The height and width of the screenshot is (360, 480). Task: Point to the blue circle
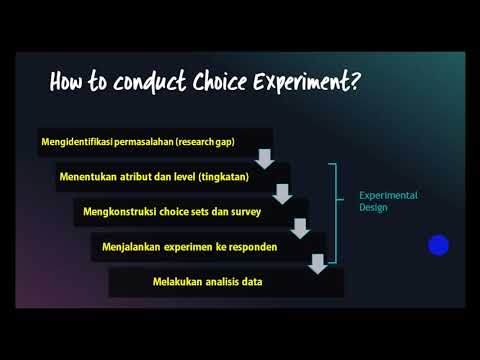coord(438,245)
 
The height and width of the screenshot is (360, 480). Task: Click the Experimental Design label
coord(388,200)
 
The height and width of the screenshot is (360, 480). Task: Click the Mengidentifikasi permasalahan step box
coord(155,142)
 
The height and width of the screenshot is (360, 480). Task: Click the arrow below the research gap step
coord(265,158)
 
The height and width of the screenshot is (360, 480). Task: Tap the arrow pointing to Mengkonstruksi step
coord(283,194)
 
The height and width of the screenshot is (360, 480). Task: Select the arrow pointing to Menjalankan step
coord(300,229)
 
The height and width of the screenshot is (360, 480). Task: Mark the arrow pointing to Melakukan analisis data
coord(318,263)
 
